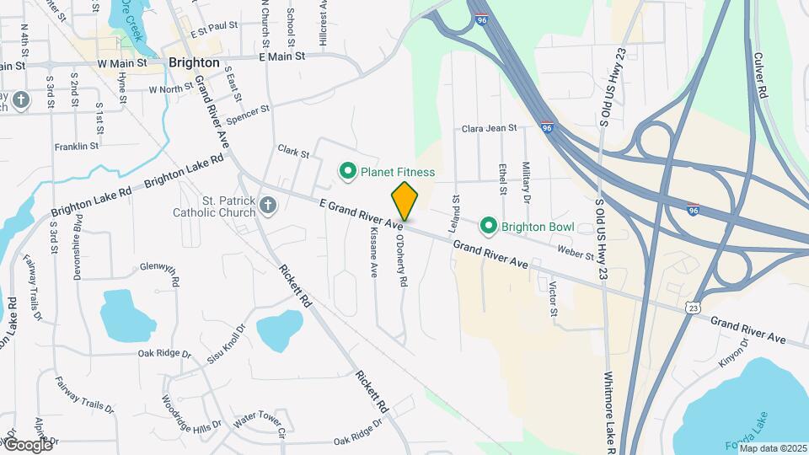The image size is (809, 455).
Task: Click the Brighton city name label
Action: (194, 62)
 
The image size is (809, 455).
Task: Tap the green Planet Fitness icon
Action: (346, 172)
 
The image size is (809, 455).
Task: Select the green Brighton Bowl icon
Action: (487, 226)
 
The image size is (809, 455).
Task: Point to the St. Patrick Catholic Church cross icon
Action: (267, 206)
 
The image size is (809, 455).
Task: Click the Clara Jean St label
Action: (489, 129)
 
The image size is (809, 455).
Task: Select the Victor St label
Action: (553, 300)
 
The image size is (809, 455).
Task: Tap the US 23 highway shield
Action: (692, 308)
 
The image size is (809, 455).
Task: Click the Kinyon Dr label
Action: (735, 353)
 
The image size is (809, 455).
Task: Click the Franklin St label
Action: (77, 147)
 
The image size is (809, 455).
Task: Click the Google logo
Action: (28, 444)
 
